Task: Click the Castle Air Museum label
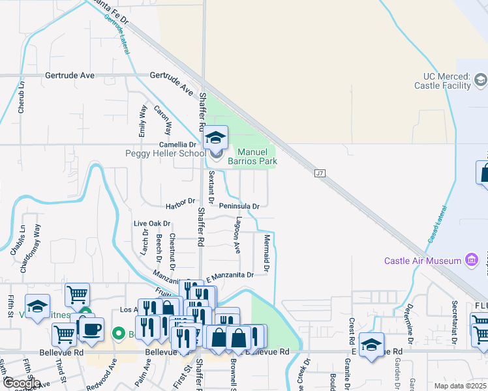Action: tap(422, 261)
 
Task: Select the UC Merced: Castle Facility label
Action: tap(443, 81)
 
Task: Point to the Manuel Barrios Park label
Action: tap(252, 156)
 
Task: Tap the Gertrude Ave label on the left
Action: tap(70, 76)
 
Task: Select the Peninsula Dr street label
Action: tap(239, 206)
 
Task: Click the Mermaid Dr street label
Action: tap(267, 253)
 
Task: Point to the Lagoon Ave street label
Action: tap(238, 235)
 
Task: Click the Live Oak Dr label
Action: tap(152, 224)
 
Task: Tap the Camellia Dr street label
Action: tap(178, 145)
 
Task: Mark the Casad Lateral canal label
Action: tap(438, 225)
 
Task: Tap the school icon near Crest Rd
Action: tap(371, 345)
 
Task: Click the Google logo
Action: tap(22, 383)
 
